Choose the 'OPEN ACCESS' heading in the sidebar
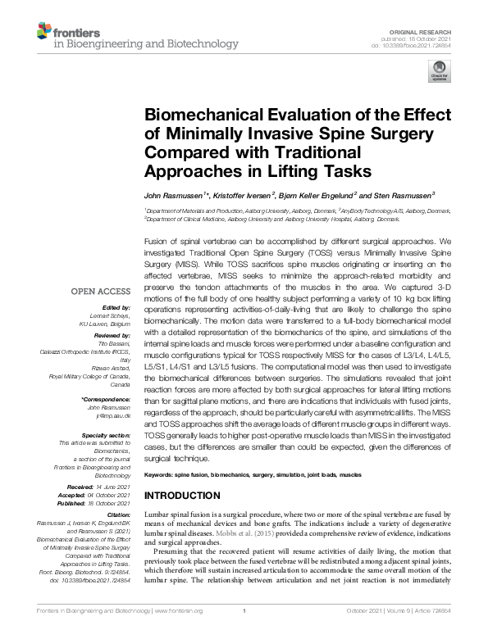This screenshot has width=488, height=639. click(100, 291)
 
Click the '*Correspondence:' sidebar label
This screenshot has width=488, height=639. click(106, 399)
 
